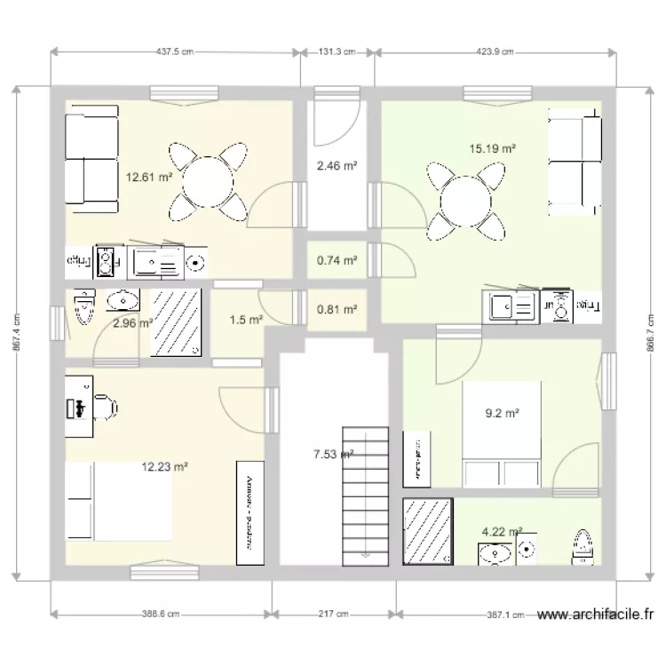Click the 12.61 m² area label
[149, 177]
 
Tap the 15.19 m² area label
[493, 149]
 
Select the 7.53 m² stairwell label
[334, 455]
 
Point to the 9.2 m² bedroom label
[502, 412]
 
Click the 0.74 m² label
[337, 261]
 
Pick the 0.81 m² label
[337, 310]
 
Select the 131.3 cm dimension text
[337, 52]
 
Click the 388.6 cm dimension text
[162, 614]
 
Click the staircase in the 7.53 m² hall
[366, 493]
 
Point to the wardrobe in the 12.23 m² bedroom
[248, 512]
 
